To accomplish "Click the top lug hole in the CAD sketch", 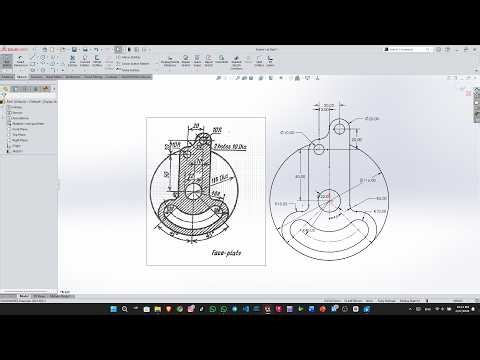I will coord(341,127).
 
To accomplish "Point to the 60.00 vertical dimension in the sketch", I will coord(298,176).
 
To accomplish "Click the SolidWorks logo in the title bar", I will coord(16,47).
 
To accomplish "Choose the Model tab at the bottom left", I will coord(24,296).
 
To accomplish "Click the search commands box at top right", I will coord(410,47).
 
